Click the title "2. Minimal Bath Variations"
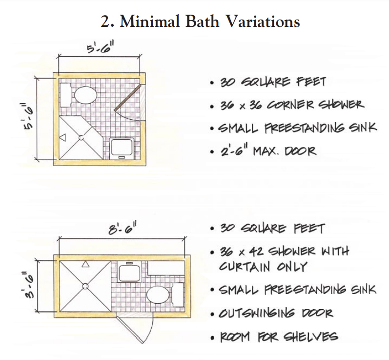pos(200,21)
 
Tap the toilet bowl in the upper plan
pos(85,95)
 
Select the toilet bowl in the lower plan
pos(158,295)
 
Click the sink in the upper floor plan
pos(122,148)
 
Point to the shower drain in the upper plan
pos(82,138)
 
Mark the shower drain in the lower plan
pos(85,286)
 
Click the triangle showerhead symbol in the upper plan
pos(63,137)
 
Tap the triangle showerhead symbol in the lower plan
pos(85,264)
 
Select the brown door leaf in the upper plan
pos(127,97)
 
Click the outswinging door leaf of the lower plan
pos(129,330)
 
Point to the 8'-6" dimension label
pos(123,229)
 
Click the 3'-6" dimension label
pos(28,285)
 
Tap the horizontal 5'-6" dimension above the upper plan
pos(100,48)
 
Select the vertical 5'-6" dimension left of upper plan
pos(28,116)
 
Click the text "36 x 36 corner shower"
pos(292,105)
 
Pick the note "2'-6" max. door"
pos(268,151)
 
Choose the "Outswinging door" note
pos(276,313)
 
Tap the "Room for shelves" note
pos(279,337)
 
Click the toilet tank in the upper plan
pos(65,95)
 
